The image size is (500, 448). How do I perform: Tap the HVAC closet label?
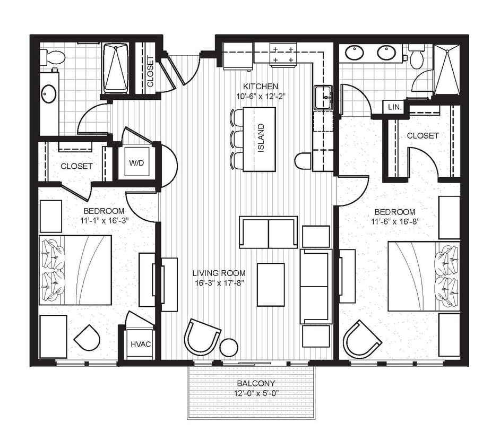click(x=141, y=344)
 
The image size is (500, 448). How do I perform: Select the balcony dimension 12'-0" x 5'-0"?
click(x=256, y=393)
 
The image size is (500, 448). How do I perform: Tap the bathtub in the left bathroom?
click(x=115, y=68)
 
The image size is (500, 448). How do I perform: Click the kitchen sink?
click(x=323, y=98)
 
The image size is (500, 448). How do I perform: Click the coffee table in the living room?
click(x=271, y=285)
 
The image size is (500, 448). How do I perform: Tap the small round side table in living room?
click(x=229, y=347)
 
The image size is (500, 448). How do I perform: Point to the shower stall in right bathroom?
click(x=446, y=70)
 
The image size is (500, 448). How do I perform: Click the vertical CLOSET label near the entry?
click(x=150, y=72)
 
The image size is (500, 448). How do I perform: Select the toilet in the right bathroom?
click(x=417, y=57)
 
